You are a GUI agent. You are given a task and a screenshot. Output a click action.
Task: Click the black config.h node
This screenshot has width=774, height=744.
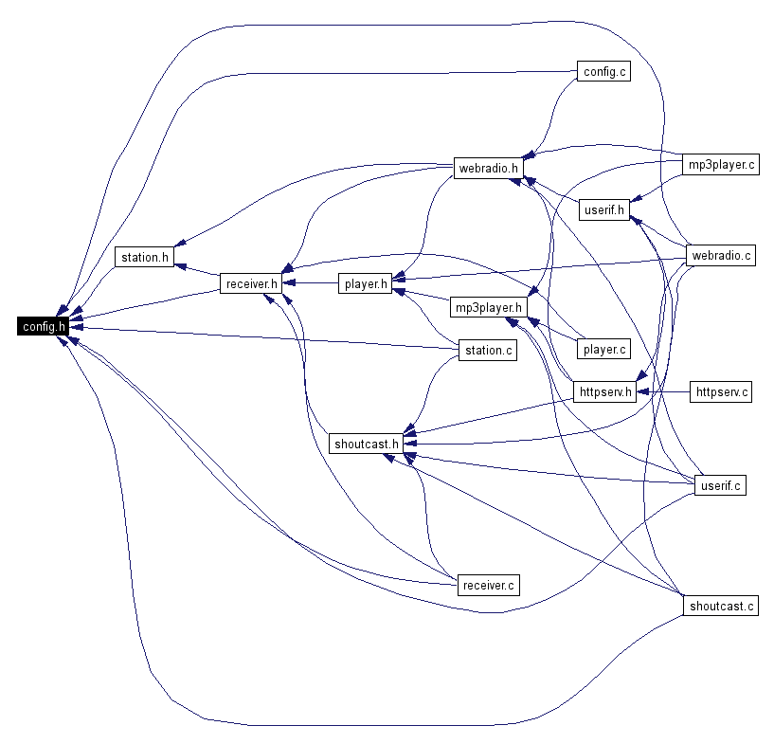43,327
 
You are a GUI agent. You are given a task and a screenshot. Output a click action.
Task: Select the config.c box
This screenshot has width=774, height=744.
603,71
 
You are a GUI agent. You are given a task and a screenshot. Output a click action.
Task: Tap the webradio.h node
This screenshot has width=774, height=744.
489,169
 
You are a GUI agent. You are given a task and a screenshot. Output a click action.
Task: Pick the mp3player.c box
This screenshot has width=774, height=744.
722,164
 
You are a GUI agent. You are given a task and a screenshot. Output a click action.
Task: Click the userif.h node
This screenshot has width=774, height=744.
604,210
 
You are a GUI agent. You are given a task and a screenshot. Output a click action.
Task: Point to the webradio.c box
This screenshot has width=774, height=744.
722,256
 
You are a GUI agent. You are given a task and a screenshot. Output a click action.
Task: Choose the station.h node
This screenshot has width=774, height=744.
145,257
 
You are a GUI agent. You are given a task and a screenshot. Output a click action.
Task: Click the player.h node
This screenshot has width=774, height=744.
366,282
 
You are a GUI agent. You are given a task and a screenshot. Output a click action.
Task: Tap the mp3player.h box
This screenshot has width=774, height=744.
488,308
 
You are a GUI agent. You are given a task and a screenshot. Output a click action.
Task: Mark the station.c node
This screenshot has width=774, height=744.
489,351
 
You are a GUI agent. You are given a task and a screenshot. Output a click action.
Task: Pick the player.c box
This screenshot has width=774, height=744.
603,350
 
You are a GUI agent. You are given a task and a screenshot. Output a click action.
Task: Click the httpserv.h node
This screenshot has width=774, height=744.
603,390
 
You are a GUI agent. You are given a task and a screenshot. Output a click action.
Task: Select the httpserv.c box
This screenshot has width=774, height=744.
722,390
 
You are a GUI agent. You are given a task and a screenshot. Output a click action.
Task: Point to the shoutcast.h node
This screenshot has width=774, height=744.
366,444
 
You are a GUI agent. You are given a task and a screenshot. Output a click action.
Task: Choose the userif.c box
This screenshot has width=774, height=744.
721,486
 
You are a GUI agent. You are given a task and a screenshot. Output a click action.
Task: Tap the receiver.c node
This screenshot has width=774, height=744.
489,585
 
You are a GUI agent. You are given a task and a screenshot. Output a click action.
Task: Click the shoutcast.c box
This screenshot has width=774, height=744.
722,606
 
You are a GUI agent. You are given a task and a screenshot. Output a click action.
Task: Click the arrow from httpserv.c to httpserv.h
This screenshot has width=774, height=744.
663,390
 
